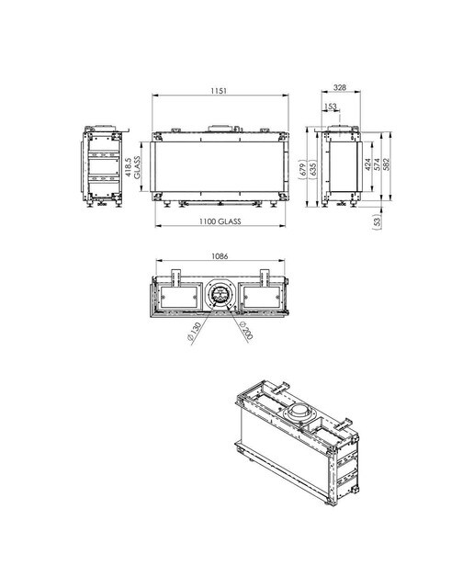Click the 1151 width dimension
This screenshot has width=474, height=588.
[x=219, y=91]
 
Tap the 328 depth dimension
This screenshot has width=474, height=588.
[x=340, y=87]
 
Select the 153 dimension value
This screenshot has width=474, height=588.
[x=331, y=107]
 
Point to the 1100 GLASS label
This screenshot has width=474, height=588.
[x=220, y=221]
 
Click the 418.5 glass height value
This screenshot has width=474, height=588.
[x=129, y=167]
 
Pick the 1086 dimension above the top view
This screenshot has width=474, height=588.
[x=220, y=256]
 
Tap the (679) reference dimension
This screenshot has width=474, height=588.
[x=303, y=169]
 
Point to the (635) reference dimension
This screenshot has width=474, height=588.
[x=313, y=169]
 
